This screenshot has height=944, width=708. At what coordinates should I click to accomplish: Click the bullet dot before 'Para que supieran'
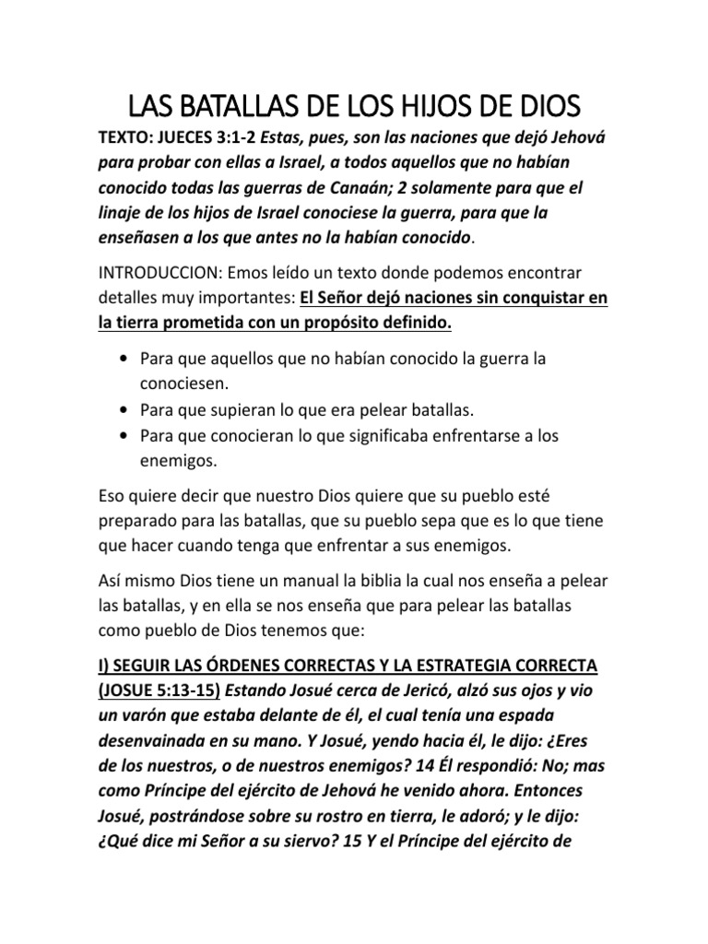[x=124, y=407]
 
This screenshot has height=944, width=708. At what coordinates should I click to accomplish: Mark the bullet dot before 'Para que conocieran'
[x=124, y=433]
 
